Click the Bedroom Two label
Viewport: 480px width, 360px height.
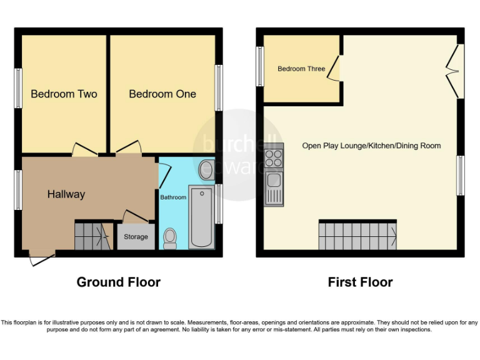coord(64,94)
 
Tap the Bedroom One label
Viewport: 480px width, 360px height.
coord(162,94)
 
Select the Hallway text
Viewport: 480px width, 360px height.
coord(66,194)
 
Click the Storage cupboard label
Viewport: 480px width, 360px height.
coord(136,237)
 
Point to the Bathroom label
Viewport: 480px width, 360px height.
coord(173,197)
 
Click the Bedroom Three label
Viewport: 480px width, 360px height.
coord(301,69)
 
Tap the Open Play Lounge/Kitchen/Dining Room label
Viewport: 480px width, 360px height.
coord(371,146)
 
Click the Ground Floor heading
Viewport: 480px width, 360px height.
coord(118,282)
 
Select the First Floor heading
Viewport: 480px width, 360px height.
coord(360,282)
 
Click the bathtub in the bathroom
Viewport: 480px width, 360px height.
coord(202,216)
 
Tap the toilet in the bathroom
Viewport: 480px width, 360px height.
coord(169,238)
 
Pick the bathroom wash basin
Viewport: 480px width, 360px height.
coord(206,169)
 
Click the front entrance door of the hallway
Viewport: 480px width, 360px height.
coord(42,257)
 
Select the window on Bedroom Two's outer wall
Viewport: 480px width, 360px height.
coord(18,88)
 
